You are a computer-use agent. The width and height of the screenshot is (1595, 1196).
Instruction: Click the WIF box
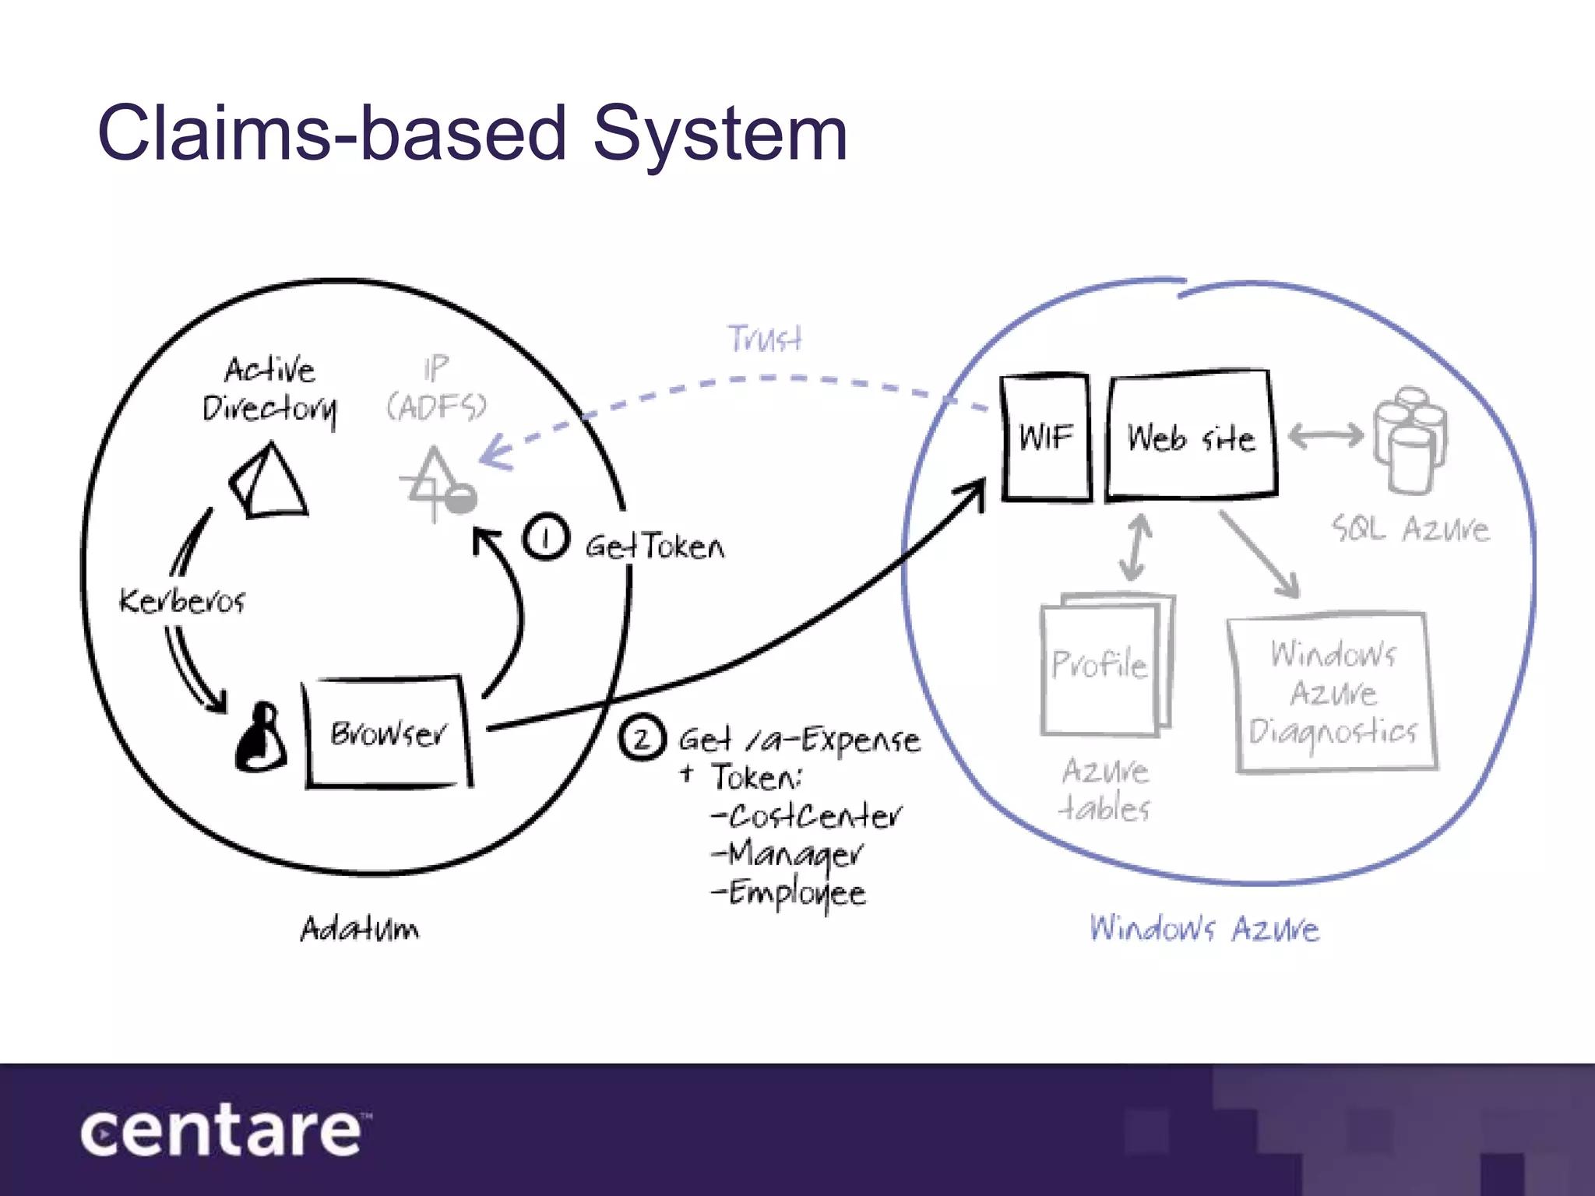[1046, 438]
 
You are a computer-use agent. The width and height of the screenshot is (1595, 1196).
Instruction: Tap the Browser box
[388, 733]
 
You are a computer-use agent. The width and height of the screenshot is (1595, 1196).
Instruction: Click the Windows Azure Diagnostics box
[1333, 692]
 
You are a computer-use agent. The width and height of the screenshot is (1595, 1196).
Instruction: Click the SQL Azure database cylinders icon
[1410, 440]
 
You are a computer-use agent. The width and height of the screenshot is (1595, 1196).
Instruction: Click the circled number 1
[545, 537]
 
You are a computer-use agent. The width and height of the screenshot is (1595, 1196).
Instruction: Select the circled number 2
[642, 737]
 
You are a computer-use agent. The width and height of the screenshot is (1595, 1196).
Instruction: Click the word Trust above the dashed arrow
[765, 339]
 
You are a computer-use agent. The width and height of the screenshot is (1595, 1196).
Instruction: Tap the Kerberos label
[182, 601]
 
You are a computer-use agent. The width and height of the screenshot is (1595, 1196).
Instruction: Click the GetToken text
[655, 547]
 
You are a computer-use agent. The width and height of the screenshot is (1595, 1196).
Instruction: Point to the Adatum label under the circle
[360, 929]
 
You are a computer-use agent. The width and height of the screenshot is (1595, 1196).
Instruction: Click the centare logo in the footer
[222, 1131]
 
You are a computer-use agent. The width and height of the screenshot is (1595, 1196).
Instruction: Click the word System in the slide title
[720, 134]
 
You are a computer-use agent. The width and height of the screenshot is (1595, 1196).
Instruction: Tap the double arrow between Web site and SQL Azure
[1325, 435]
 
